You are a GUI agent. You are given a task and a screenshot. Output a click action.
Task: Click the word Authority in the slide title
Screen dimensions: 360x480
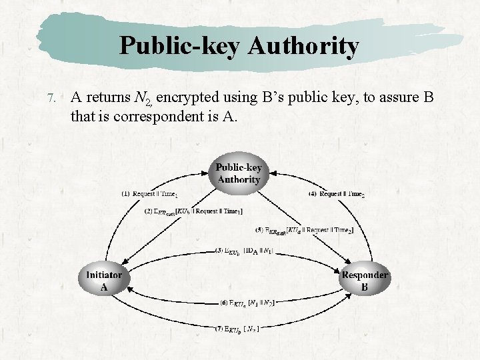tap(303, 46)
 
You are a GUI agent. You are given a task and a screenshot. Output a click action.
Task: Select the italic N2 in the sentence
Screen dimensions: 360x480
tap(143, 99)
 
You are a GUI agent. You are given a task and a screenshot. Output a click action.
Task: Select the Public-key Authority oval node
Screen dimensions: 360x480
tap(239, 173)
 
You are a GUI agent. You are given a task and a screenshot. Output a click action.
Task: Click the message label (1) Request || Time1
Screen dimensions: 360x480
tap(150, 194)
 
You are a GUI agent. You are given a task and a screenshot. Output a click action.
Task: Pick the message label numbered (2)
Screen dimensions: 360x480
tap(193, 212)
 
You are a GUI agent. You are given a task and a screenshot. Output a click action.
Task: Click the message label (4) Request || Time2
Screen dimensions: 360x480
tap(337, 194)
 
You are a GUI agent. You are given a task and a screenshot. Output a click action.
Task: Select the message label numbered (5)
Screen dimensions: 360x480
tap(304, 230)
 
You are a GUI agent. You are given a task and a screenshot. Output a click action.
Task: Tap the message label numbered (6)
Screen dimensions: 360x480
tap(247, 303)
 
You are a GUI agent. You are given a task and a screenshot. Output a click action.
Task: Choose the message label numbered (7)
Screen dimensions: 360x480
tap(237, 328)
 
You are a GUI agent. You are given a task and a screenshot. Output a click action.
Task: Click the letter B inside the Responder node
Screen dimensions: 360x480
tap(365, 288)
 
